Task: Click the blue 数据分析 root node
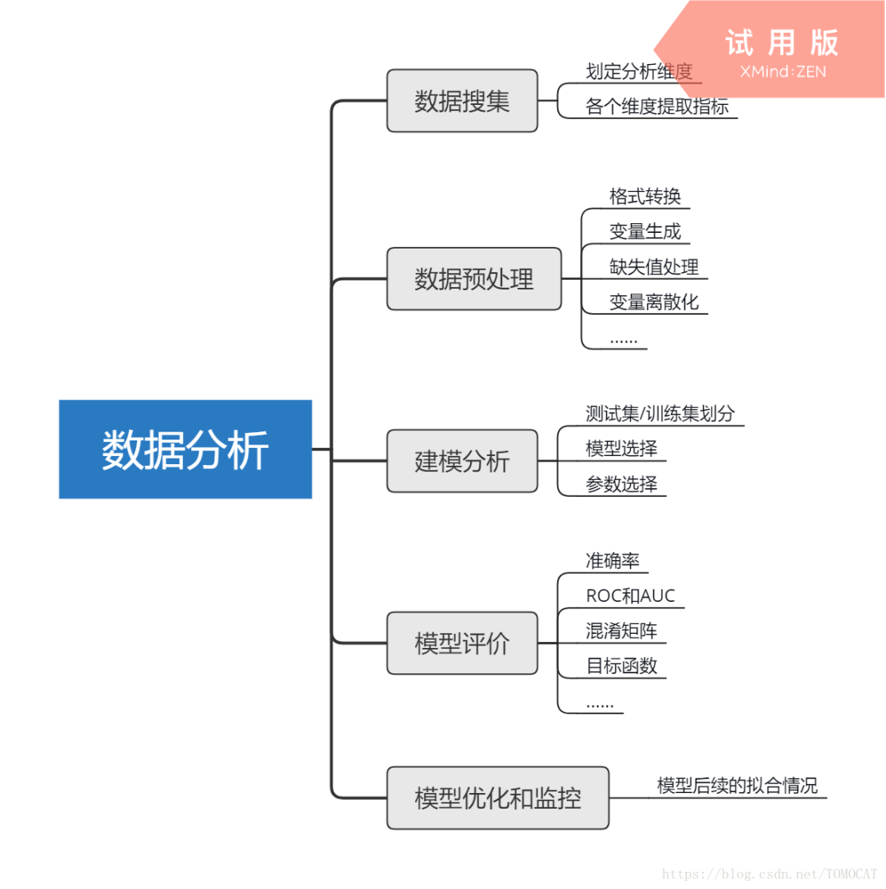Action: pos(185,449)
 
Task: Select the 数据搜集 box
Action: pos(462,101)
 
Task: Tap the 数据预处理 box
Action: pos(474,279)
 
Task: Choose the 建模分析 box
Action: pos(462,461)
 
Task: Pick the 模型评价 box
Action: pos(462,643)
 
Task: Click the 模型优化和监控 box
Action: pos(498,797)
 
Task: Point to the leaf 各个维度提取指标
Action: pos(657,107)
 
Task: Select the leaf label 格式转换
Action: pos(645,197)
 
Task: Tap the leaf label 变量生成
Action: pos(645,232)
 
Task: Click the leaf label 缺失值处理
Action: pos(654,267)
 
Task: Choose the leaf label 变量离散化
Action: pos(654,303)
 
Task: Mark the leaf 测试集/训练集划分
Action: pos(660,413)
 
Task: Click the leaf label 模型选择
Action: pos(621,449)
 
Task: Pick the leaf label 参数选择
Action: pos(621,484)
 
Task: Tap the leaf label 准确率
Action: pos(612,561)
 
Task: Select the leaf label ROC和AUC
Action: pos(630,596)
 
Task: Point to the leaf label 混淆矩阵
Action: pos(621,631)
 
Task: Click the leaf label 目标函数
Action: pos(621,666)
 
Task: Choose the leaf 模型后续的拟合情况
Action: pos(738,786)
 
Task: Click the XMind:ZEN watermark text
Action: pos(783,71)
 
